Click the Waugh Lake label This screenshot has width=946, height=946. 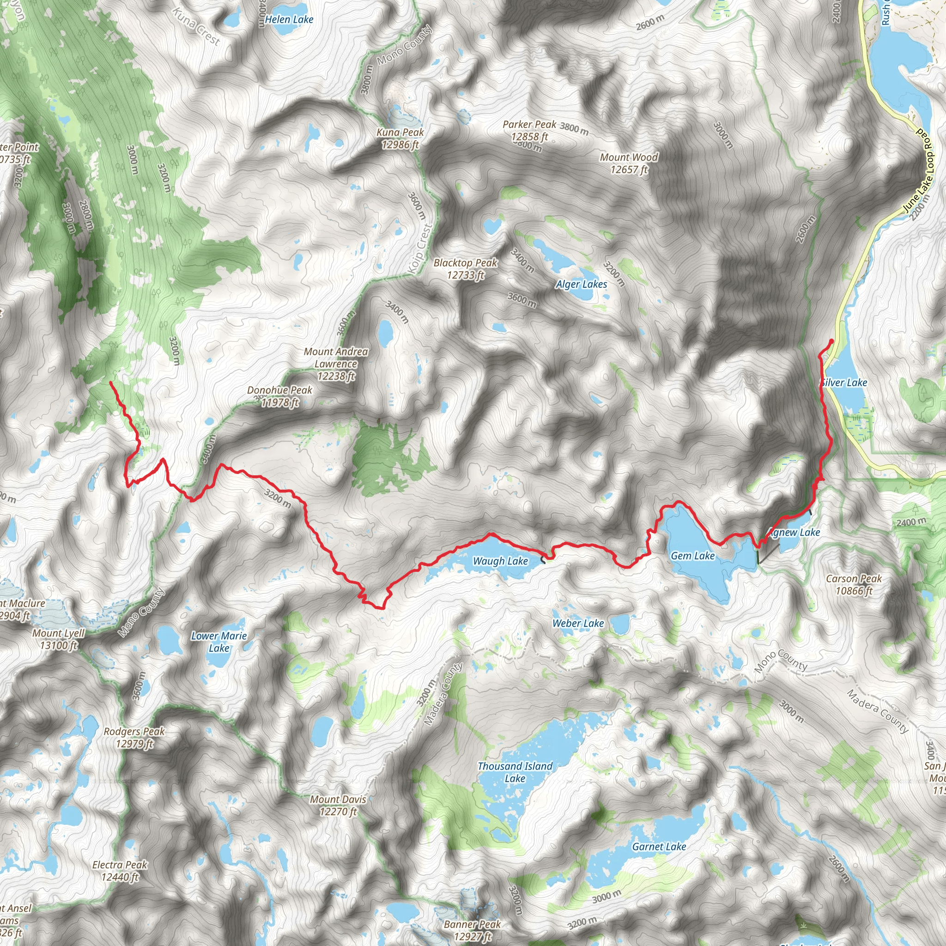[x=500, y=561]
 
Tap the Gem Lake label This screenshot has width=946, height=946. [x=692, y=556]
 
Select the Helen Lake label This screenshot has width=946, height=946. [x=289, y=19]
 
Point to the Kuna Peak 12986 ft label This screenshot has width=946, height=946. [x=400, y=139]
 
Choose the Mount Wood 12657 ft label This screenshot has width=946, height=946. [x=629, y=164]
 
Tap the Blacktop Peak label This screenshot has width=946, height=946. [x=465, y=269]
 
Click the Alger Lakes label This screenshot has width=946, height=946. [x=581, y=285]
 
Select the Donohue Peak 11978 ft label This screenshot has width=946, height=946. [x=279, y=396]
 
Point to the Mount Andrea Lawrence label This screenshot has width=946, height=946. [x=335, y=364]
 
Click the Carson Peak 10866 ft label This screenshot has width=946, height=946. [x=854, y=585]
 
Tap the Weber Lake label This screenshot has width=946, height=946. [x=578, y=623]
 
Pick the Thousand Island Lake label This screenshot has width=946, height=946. [x=515, y=772]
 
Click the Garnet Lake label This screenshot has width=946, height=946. [x=659, y=847]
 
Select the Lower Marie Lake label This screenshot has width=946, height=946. [x=219, y=642]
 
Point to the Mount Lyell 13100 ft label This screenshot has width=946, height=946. [x=59, y=639]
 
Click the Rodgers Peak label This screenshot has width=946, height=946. [x=134, y=737]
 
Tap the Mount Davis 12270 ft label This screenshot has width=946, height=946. [x=338, y=805]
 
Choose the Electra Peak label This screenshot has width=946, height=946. [x=120, y=871]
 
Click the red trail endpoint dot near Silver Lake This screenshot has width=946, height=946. [x=831, y=341]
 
